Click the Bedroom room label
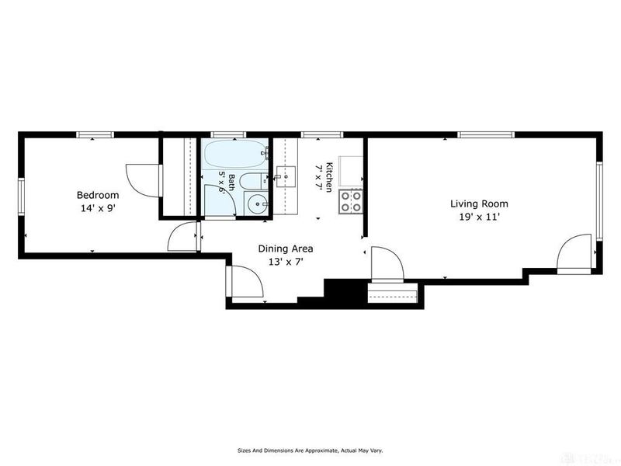[x=98, y=195]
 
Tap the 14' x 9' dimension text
[x=98, y=208]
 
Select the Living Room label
[x=479, y=203]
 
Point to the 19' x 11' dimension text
[x=479, y=217]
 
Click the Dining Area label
[x=286, y=249]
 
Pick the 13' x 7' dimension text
[x=286, y=262]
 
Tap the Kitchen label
[x=328, y=177]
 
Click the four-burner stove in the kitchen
[x=351, y=202]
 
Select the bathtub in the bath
[x=237, y=154]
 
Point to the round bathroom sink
[x=257, y=204]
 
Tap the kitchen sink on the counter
[x=286, y=177]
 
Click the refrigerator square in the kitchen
[x=350, y=171]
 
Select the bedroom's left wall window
[x=22, y=197]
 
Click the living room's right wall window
[x=599, y=201]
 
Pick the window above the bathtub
[x=227, y=134]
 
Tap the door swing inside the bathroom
[x=220, y=200]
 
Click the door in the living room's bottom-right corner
[x=574, y=253]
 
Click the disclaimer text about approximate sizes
[x=310, y=450]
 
